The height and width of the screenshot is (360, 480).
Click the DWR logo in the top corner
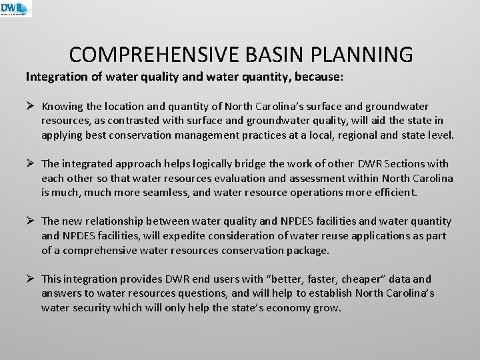click(16, 9)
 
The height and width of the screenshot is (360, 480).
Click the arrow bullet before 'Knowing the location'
click(30, 107)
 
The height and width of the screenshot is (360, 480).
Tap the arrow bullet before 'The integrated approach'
click(30, 164)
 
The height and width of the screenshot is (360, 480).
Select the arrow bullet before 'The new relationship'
click(30, 221)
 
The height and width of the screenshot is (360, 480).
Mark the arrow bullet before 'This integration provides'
click(30, 279)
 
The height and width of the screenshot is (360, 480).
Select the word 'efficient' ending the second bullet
click(393, 193)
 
